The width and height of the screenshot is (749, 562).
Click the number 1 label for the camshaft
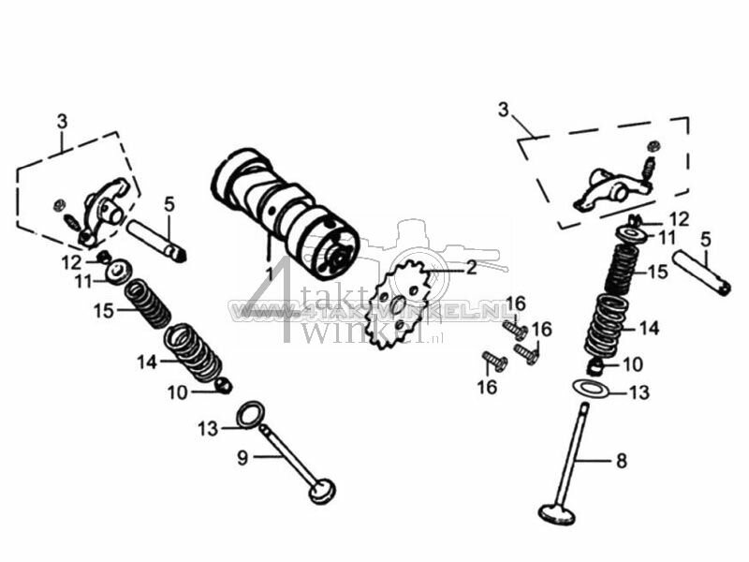269,273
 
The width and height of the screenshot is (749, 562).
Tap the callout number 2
471,268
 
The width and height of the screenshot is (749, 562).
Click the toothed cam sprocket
398,305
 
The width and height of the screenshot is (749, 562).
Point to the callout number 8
622,461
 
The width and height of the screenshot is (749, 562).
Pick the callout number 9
242,457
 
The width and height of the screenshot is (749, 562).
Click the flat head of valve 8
559,512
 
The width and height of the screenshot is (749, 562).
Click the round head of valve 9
323,490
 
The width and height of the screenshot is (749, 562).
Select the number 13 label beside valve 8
639,393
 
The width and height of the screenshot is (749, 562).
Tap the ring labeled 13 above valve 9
250,413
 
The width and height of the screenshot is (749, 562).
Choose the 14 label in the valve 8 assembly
649,328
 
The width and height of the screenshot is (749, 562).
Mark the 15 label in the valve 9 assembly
103,309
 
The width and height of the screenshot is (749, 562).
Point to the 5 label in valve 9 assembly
169,203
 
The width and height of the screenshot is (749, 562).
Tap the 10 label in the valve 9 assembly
178,393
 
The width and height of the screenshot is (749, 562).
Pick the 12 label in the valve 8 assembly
679,218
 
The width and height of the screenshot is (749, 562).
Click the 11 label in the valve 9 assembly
84,282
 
